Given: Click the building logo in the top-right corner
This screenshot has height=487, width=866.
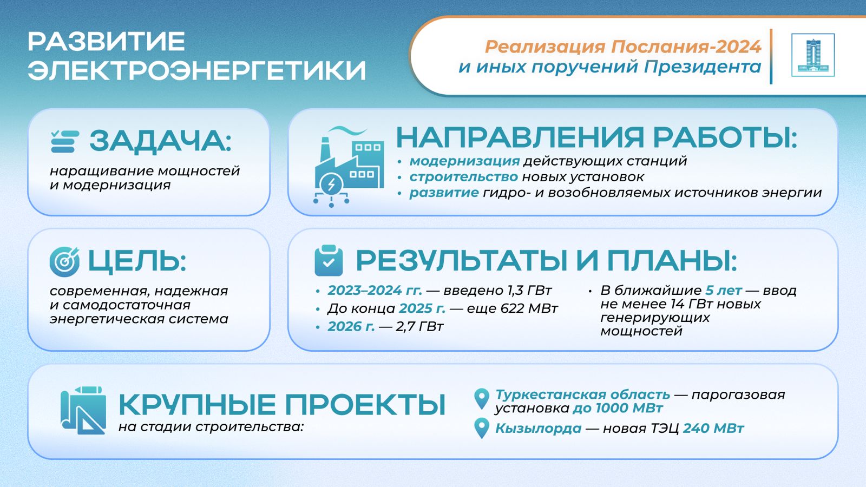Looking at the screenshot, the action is click(x=812, y=55).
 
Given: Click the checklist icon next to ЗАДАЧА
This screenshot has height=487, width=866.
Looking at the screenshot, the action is click(x=65, y=141).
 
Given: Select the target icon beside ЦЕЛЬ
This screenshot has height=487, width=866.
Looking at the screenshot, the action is click(x=64, y=262).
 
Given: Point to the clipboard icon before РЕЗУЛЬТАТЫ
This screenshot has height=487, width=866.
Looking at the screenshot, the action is click(x=329, y=260).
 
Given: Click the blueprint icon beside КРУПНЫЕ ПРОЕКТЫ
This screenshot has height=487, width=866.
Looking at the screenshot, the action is click(x=83, y=410).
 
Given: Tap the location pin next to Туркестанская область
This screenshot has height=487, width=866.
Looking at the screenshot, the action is click(x=482, y=399).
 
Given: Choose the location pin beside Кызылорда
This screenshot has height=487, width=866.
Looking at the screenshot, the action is click(x=482, y=428).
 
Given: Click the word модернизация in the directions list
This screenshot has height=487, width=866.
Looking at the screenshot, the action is click(x=465, y=161).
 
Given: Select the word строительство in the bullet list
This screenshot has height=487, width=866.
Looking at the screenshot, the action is click(x=463, y=176).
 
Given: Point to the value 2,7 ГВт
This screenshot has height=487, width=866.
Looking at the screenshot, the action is click(x=419, y=326).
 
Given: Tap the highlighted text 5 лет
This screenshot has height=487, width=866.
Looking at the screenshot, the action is click(x=723, y=290).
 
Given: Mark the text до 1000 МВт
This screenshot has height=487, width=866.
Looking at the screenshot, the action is click(x=618, y=408).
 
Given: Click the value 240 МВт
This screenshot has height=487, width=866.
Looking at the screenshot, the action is click(x=713, y=428).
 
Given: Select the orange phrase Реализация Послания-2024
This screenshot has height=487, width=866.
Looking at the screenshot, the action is click(x=623, y=47).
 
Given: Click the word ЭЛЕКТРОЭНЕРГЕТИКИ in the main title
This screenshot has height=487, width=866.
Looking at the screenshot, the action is click(x=197, y=70).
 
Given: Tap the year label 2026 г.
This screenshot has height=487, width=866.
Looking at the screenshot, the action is click(x=351, y=326).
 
